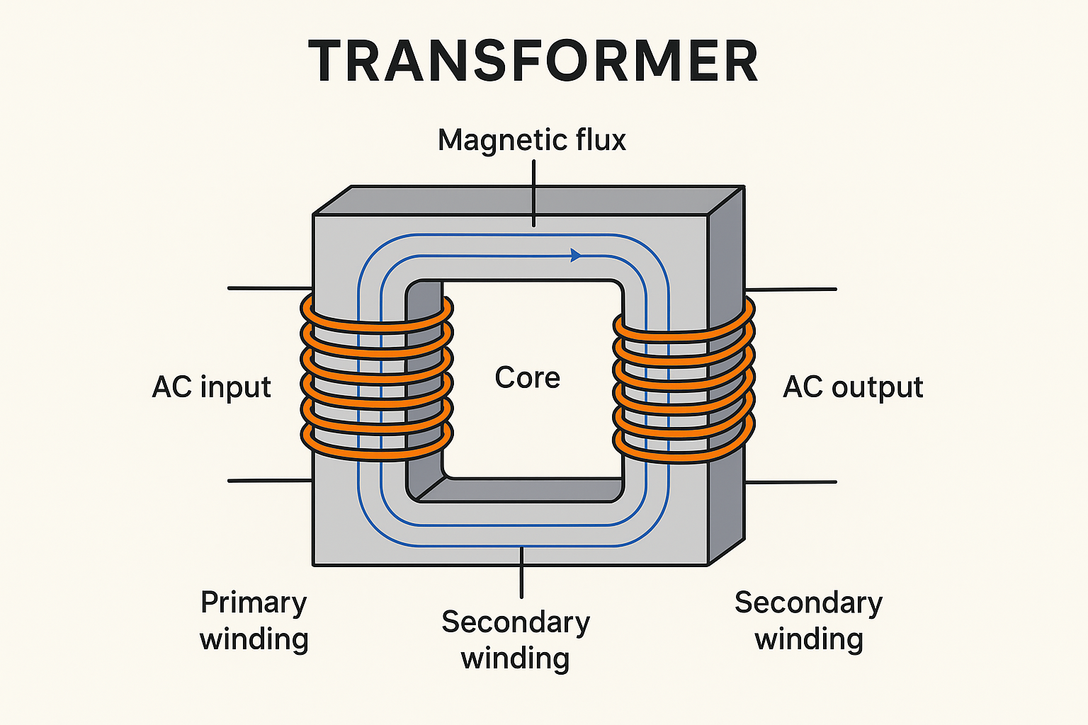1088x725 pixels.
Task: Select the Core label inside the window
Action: pyautogui.click(x=527, y=377)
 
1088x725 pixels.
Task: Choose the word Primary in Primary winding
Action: pyautogui.click(x=254, y=603)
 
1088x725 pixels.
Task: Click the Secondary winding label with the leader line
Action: pyautogui.click(x=516, y=639)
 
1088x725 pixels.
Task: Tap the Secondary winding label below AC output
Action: pyautogui.click(x=808, y=620)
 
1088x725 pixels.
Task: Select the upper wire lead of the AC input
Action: pyautogui.click(x=269, y=288)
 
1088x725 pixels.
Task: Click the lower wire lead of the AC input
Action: pyautogui.click(x=269, y=481)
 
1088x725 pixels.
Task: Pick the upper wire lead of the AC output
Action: pyautogui.click(x=792, y=289)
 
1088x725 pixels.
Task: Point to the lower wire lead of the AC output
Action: pyautogui.click(x=792, y=482)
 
